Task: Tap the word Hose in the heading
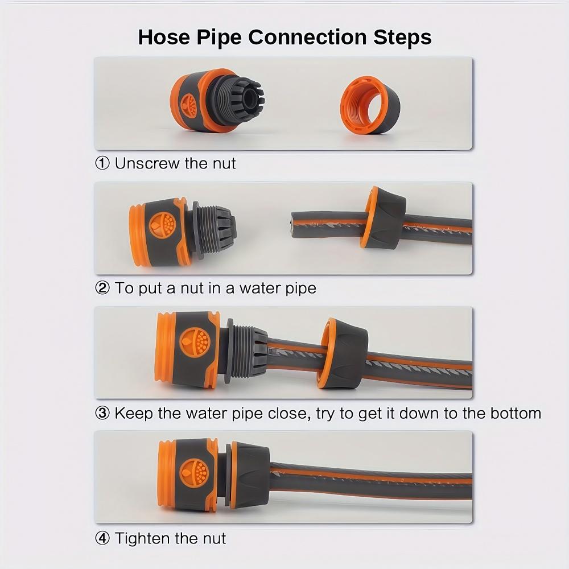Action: pyautogui.click(x=163, y=38)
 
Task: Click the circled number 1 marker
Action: pyautogui.click(x=102, y=164)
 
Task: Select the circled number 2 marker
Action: pyautogui.click(x=102, y=288)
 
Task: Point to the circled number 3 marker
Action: pyautogui.click(x=102, y=413)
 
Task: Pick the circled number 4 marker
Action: pyautogui.click(x=102, y=538)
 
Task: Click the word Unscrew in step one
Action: pyautogui.click(x=146, y=164)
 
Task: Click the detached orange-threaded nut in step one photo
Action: pyautogui.click(x=370, y=106)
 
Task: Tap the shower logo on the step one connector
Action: pyautogui.click(x=189, y=105)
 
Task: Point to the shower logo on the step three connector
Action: pyautogui.click(x=195, y=342)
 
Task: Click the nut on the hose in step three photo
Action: pyautogui.click(x=342, y=353)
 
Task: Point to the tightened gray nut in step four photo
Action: pyautogui.click(x=248, y=475)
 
